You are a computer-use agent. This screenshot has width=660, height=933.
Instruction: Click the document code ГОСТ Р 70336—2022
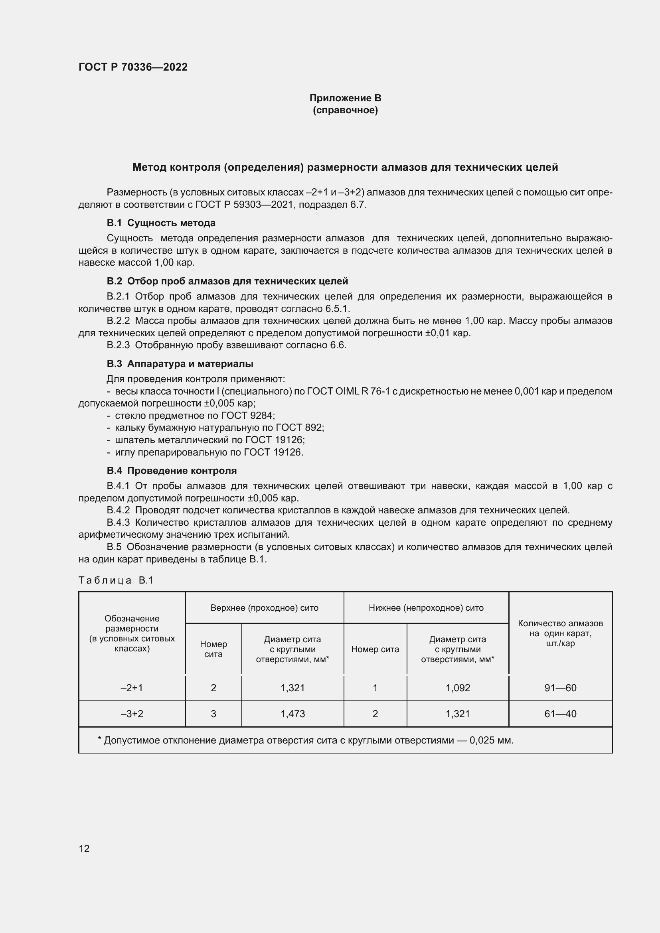tap(133, 67)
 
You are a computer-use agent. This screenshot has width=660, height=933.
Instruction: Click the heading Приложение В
tap(345, 98)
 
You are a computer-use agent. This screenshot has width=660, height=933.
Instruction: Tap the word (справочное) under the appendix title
tap(345, 110)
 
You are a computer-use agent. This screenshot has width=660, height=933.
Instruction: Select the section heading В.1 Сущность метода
tap(161, 223)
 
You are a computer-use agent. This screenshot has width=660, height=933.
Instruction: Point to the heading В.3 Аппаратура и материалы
tap(180, 364)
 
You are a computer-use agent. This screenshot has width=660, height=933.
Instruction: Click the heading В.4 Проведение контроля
tap(172, 471)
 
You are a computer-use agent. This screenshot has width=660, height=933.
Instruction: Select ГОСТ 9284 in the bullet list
tap(247, 415)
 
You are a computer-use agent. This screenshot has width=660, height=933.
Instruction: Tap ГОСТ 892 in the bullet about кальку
tap(300, 428)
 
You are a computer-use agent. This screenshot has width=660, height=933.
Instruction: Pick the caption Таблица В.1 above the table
tap(116, 580)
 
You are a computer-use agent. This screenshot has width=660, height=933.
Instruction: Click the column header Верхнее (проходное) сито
tap(264, 608)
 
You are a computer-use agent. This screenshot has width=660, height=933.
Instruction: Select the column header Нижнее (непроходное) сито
tap(426, 608)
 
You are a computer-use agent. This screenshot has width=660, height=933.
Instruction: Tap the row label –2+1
tap(132, 688)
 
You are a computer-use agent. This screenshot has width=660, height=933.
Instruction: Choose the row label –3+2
tap(132, 714)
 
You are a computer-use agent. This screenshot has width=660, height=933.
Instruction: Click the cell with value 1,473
tap(292, 714)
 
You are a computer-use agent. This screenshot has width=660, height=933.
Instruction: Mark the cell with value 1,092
tap(458, 688)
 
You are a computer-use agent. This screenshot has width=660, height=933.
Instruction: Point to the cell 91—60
tap(560, 688)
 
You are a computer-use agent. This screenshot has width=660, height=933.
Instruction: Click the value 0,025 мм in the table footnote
tap(491, 740)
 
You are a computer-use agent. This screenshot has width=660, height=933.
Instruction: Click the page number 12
tap(84, 848)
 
